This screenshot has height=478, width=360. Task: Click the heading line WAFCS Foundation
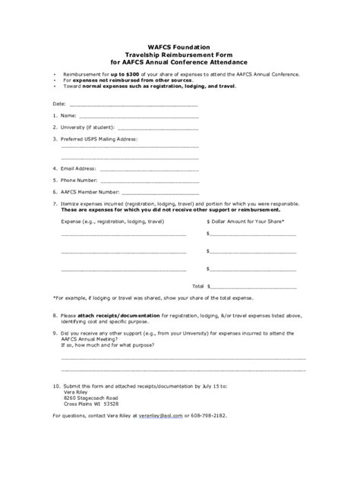pos(179,47)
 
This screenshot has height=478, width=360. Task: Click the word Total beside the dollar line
pos(198,286)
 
